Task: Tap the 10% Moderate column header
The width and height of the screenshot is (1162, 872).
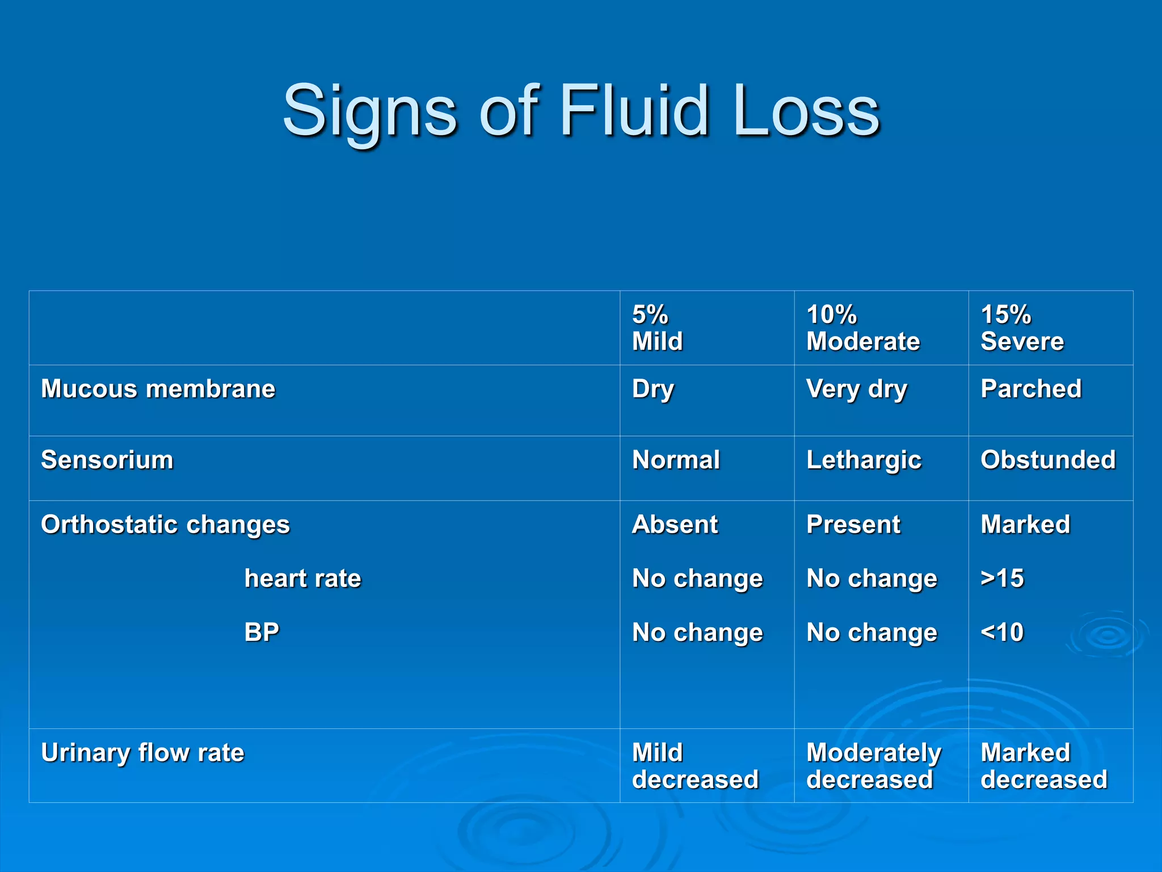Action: coord(862,328)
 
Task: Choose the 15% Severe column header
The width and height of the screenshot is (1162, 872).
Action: coord(1022,328)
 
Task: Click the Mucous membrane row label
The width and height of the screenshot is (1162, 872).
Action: coord(158,389)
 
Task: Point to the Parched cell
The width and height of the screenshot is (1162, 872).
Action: coord(1030,389)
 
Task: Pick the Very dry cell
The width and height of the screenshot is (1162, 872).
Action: coord(856,389)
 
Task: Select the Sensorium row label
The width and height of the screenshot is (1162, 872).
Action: coord(107,460)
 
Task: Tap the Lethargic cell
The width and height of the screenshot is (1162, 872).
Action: coord(864,460)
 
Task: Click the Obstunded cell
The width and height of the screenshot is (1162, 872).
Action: coord(1047,460)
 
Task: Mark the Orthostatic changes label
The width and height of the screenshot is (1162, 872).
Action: coord(165,525)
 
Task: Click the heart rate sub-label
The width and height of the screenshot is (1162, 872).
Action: coord(302,578)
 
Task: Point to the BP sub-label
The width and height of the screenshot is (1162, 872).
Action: coord(262,632)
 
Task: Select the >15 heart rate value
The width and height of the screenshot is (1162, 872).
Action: coord(1002,578)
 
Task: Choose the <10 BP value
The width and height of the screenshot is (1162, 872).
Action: coord(1002,632)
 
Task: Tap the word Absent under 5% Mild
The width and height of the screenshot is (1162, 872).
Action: coord(675,525)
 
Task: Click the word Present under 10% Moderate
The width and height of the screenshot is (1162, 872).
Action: coord(853,525)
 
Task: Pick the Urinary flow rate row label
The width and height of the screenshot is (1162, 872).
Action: coord(142,753)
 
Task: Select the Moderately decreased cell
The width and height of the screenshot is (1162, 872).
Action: coord(873,766)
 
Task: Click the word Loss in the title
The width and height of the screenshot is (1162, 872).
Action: coord(806,111)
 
